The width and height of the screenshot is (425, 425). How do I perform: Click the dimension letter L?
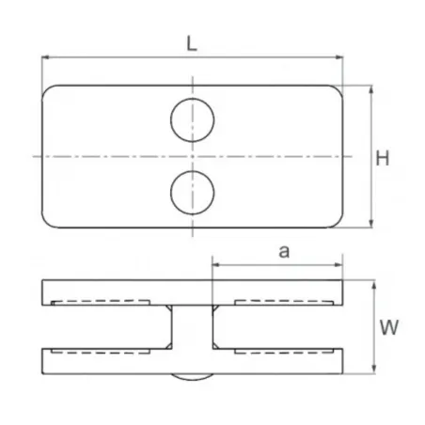pos(192,42)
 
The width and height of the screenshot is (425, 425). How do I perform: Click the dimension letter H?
pos(382,157)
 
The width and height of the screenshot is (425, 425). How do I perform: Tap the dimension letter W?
pos(386,328)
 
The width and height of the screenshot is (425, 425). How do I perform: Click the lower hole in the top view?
pos(193,191)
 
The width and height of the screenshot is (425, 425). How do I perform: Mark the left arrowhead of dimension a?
pos(215,265)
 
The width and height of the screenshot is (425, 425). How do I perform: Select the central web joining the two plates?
pos(193,328)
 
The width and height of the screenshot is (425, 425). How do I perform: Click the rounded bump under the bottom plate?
pos(193,375)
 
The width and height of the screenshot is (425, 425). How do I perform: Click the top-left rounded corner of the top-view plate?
pos(50,92)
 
